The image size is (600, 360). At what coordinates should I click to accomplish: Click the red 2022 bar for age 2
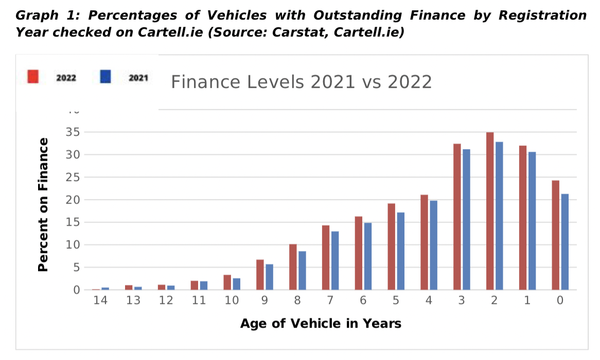point(490,211)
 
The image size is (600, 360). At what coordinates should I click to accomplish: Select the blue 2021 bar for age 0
point(564,242)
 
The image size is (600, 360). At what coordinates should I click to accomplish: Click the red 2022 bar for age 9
point(260,275)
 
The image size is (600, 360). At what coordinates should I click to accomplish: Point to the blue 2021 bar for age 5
point(401,251)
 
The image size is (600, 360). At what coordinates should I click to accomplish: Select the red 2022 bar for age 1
point(523,218)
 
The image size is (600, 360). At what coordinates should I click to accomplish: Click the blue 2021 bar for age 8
point(302,271)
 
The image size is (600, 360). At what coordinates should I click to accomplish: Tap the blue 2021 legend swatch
point(105,77)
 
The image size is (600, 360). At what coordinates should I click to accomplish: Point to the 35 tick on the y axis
point(72,132)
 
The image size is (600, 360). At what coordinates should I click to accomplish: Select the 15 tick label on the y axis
point(72,222)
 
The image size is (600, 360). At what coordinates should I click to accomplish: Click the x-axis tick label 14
point(100,301)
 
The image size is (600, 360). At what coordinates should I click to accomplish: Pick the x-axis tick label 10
point(232,301)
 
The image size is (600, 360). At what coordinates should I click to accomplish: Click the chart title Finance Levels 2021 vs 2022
point(301,82)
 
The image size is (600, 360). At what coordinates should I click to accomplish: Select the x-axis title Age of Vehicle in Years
point(321,323)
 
